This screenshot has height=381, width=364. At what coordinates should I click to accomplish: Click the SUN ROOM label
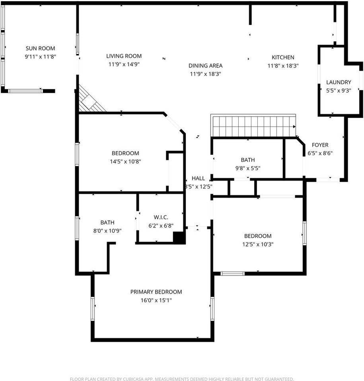click(41, 48)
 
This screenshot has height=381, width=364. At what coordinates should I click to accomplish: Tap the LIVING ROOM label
click(124, 56)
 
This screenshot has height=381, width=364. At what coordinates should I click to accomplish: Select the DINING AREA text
click(205, 65)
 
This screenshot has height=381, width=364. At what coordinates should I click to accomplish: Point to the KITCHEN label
click(283, 57)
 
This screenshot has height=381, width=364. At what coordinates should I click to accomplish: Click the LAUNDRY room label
click(339, 83)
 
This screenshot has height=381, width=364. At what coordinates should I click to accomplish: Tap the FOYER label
click(320, 145)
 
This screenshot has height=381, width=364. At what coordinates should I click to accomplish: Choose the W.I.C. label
click(161, 217)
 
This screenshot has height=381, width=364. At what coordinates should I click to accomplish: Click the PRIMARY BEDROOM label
click(156, 292)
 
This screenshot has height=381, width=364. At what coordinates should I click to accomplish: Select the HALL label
click(199, 178)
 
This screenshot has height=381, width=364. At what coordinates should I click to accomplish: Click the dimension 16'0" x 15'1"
click(156, 300)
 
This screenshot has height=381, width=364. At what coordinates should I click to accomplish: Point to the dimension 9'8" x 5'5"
click(248, 168)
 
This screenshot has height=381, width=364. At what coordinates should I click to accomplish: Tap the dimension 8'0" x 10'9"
click(107, 231)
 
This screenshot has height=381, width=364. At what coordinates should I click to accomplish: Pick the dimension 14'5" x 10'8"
click(125, 162)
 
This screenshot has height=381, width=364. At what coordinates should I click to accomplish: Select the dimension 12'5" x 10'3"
click(258, 244)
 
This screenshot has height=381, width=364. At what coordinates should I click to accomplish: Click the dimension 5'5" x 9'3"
click(339, 90)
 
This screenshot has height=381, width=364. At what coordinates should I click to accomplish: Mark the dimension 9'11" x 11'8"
click(41, 57)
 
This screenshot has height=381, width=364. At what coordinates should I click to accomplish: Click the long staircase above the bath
click(253, 126)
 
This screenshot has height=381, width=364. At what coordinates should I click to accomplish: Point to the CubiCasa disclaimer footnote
click(182, 379)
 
